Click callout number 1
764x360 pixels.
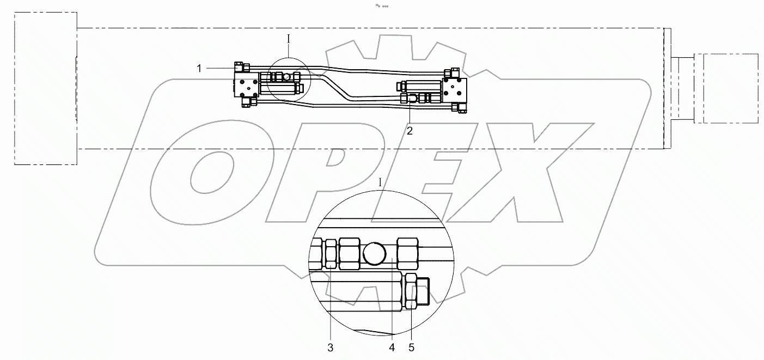point(199,68)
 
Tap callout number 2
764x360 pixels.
point(409,130)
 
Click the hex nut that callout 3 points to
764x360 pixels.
point(330,254)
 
